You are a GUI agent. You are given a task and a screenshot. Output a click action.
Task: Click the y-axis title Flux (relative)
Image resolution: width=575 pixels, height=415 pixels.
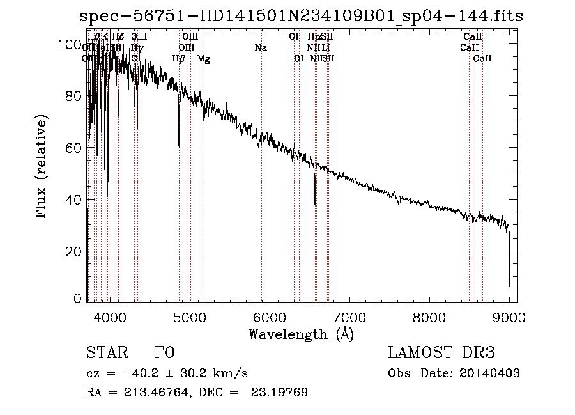[x=42, y=168]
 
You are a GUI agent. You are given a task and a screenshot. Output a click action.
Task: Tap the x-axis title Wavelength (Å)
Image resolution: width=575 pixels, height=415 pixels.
[x=301, y=334]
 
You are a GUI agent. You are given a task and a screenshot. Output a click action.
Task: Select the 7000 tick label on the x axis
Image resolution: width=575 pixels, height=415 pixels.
[x=349, y=317]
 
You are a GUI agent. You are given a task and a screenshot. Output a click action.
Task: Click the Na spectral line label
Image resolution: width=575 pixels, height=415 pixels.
[x=261, y=48]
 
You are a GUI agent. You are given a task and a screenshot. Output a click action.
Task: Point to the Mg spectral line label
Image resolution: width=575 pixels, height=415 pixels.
[x=203, y=59]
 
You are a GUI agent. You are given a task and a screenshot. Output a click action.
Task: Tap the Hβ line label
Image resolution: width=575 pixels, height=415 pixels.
[x=179, y=59]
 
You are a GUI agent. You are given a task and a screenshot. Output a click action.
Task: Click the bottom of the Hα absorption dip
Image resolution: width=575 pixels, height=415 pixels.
[x=315, y=203]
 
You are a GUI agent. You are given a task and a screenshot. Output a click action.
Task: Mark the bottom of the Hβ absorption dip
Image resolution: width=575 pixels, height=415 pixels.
[x=179, y=147]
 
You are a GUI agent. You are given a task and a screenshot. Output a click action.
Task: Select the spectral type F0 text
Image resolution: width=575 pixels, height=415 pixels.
[x=164, y=353]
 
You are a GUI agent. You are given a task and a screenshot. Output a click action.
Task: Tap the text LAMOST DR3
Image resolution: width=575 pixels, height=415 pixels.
[x=441, y=353]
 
